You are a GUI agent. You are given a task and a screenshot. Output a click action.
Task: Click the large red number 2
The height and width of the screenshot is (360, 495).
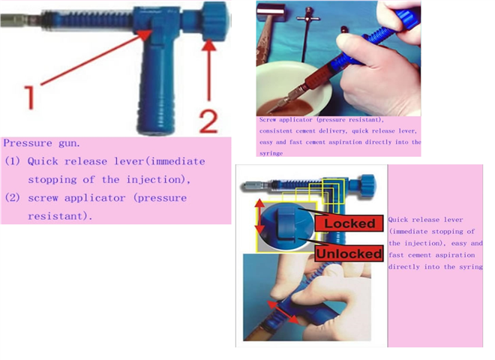coord(208,121)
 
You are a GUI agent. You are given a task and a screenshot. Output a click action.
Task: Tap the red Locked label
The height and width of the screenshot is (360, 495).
coord(349,224)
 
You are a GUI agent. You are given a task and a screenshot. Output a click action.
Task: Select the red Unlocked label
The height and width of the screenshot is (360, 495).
coord(349,253)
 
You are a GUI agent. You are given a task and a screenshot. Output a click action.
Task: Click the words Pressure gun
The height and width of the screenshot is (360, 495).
coord(42,143)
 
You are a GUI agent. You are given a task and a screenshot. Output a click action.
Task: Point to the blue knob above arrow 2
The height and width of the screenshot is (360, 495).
coord(214,21)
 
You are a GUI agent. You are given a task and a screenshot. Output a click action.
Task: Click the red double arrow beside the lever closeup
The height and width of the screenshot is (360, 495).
coord(259,217)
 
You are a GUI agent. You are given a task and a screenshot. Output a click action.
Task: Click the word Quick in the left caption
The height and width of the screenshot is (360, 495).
coord(43,161)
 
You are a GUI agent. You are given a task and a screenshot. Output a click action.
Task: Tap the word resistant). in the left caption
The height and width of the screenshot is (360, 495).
coord(60,216)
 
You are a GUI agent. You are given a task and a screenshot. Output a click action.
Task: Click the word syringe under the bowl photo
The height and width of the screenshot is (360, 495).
coord(271,154)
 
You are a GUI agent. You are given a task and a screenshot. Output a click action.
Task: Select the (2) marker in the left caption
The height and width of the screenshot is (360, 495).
coord(12,198)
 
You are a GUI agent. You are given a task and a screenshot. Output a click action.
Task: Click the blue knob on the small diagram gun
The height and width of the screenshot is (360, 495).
coord(367,186)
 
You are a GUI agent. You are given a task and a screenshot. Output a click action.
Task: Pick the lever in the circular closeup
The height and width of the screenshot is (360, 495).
coord(286,224)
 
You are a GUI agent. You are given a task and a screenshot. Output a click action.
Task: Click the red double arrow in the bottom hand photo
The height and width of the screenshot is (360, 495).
coord(283,312)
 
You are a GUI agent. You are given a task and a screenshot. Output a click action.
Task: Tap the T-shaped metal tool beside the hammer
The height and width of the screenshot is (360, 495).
coord(307,31)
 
